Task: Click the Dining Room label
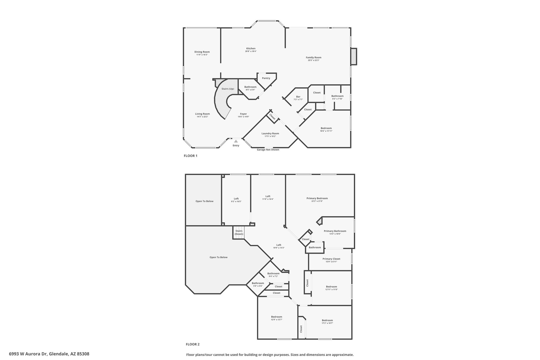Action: pos(202,52)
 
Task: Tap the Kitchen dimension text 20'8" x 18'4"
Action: pos(251,51)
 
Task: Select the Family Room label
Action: pos(314,57)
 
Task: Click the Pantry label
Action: pos(266,78)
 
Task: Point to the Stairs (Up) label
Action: pos(228,89)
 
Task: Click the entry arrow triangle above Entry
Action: pos(236,141)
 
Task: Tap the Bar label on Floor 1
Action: pos(298,97)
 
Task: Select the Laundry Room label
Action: pos(270,133)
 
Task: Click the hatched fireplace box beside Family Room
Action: pos(354,56)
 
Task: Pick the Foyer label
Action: pos(243,114)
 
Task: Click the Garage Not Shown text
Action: pos(268,150)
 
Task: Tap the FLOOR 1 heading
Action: pos(190,156)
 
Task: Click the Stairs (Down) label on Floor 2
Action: pos(239,232)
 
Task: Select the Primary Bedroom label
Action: pos(317,198)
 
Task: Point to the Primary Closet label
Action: pos(331,259)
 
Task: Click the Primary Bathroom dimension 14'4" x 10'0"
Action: pos(335,234)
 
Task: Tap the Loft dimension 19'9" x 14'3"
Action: pos(279,248)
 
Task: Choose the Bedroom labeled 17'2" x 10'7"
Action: pos(327,320)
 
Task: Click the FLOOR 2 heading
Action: pos(193,344)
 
